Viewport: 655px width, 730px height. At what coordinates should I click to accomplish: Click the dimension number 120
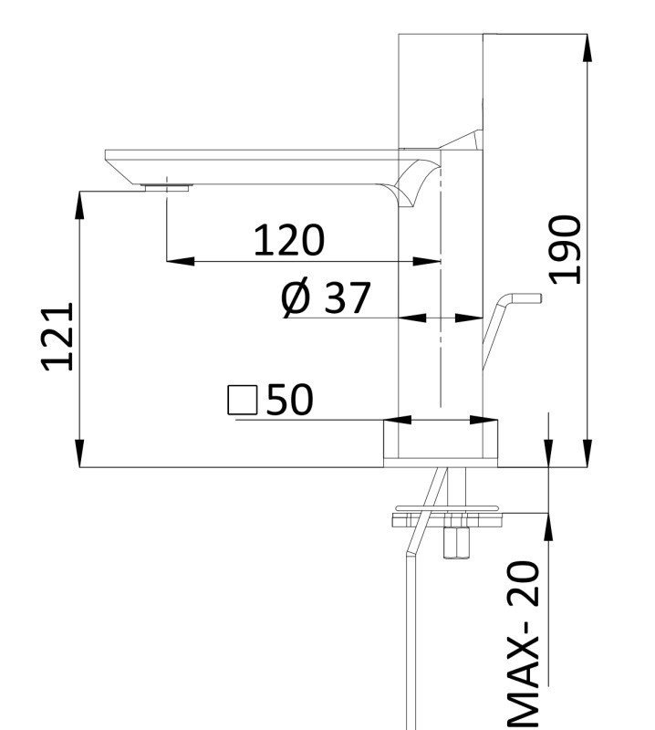coord(288,240)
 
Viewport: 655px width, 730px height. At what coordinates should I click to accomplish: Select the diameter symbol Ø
coord(296,298)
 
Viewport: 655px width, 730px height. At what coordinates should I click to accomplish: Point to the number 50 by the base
coord(289,400)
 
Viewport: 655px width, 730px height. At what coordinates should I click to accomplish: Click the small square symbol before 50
coord(243,400)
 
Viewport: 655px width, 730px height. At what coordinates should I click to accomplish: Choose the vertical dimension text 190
coord(566,249)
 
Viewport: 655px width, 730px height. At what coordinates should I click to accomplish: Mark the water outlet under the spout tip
coord(166,187)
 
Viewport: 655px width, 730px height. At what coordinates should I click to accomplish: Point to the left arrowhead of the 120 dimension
coord(179,262)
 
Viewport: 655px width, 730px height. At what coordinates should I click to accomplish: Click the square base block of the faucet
coord(441,445)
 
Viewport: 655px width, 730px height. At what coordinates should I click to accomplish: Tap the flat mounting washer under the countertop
coord(448,518)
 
